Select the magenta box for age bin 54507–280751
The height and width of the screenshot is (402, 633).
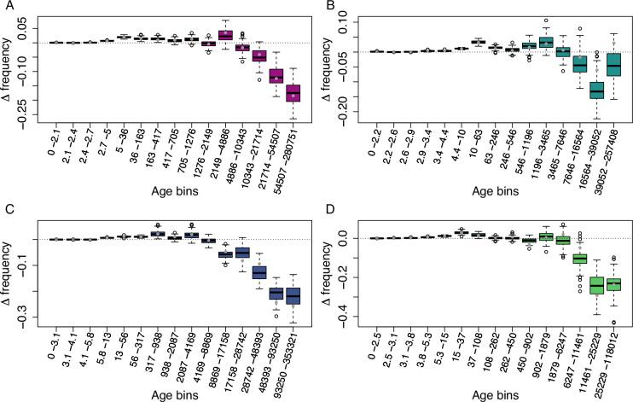click(x=293, y=93)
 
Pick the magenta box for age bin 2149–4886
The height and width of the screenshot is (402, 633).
click(x=225, y=35)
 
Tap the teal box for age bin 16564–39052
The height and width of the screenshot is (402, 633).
click(x=596, y=89)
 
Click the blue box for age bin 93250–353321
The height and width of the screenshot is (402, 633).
click(x=293, y=295)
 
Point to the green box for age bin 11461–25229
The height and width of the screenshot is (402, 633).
click(x=596, y=286)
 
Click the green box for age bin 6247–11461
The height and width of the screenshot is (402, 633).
click(x=579, y=259)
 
